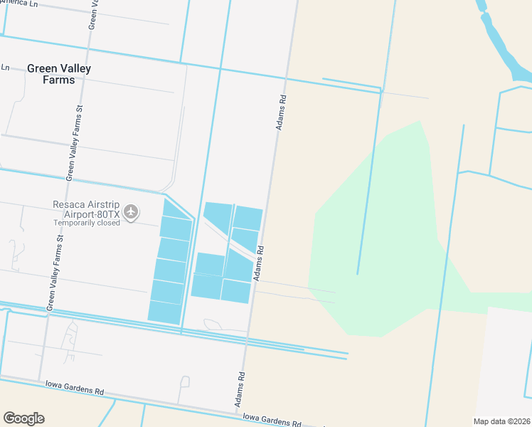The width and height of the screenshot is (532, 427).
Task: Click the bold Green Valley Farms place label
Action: coord(58,74)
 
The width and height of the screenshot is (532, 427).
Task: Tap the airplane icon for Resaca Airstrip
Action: coord(130,211)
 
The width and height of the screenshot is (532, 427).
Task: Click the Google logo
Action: coord(23,418)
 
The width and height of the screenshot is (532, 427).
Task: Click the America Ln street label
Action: coord(19,4)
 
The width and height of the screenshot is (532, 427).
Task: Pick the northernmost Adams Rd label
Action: coord(282,112)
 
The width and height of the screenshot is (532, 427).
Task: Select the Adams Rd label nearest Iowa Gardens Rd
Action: coord(241,391)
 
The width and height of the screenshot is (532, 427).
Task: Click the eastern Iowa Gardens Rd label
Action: coord(272,418)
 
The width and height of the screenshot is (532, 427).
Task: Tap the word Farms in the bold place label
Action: coord(58,80)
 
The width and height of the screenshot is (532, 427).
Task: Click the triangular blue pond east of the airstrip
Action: coord(218,216)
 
